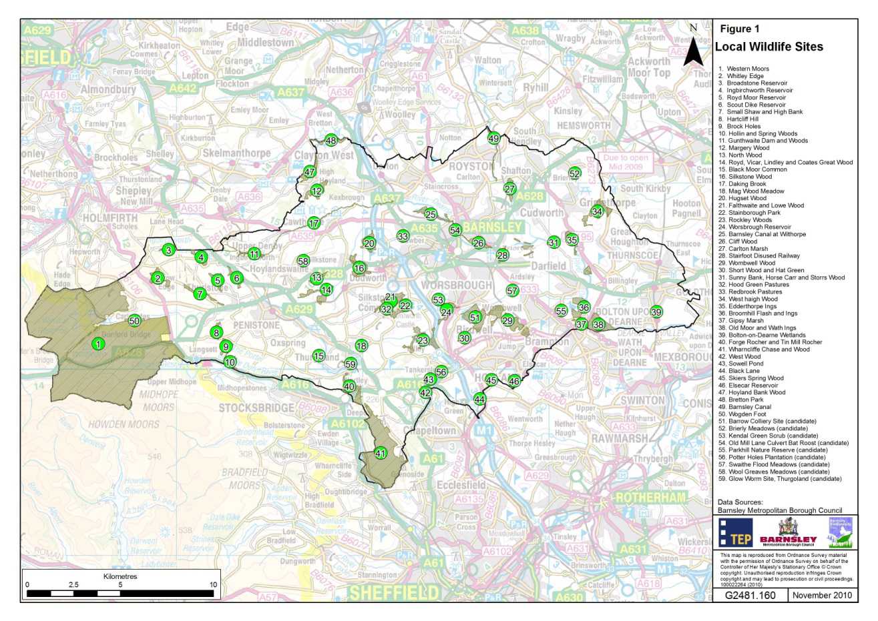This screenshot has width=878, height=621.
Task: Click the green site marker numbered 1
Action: click(x=99, y=344)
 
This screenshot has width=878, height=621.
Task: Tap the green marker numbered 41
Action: click(x=381, y=452)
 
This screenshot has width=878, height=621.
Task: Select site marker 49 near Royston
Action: click(x=493, y=139)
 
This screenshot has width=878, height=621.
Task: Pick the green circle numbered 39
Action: click(x=656, y=312)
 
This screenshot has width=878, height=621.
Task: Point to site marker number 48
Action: click(x=331, y=140)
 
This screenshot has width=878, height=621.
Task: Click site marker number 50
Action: click(x=134, y=320)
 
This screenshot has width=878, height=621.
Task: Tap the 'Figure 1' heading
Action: click(x=739, y=29)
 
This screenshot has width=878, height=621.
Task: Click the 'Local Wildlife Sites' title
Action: click(x=769, y=47)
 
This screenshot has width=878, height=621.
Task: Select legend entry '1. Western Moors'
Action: click(x=744, y=69)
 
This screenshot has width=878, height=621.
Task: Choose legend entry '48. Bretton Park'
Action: click(x=743, y=400)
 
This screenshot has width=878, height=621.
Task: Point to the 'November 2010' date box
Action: click(x=823, y=595)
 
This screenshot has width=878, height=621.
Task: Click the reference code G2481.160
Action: click(x=750, y=595)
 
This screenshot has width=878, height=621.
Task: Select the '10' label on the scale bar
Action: click(x=213, y=584)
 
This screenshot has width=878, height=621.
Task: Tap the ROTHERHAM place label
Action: click(x=650, y=498)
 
